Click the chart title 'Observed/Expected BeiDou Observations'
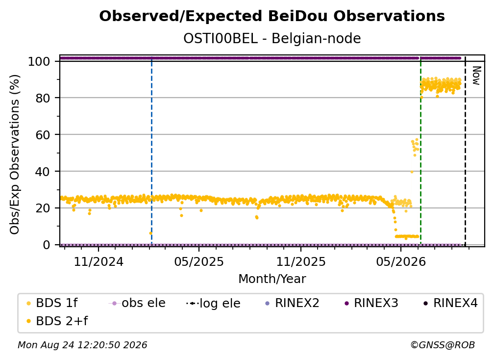click(272, 16)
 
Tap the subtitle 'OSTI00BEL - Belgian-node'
click(272, 38)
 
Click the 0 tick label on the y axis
click(47, 245)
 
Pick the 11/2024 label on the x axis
click(99, 261)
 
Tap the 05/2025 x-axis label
click(199, 261)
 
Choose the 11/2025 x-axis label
click(301, 261)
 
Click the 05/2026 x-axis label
click(401, 261)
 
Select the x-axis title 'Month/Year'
click(272, 279)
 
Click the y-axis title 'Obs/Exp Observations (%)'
click(15, 154)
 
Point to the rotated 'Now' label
click(476, 76)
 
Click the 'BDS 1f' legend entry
click(52, 303)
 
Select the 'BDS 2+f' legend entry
click(57, 321)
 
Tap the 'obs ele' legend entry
click(137, 303)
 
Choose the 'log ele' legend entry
click(213, 303)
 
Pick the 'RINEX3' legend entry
click(371, 303)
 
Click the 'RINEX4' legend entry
click(450, 303)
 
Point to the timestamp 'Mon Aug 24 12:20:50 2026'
click(82, 345)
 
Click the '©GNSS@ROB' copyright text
click(443, 345)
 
